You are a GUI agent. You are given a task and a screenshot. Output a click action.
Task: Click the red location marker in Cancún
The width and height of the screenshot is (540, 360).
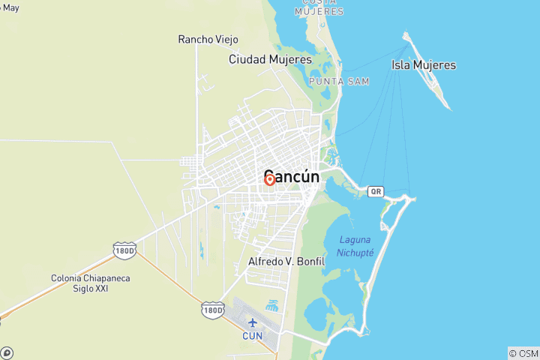tap(269, 180)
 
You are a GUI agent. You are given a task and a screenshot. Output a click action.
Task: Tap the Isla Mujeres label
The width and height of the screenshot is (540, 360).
tap(423, 65)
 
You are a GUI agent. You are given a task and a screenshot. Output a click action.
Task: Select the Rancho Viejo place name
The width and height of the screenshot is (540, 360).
tap(202, 39)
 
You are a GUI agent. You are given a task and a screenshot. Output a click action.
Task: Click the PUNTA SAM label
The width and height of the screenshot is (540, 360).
tap(338, 81)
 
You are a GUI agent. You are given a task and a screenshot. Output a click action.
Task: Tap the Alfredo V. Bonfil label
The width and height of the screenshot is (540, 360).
tap(286, 262)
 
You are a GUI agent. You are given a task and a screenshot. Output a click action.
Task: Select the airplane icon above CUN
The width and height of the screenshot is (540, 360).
tap(252, 322)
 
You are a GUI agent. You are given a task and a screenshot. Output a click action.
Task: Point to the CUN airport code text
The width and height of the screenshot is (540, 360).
tap(252, 335)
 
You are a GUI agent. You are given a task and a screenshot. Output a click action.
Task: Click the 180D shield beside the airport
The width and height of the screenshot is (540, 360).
tap(213, 309)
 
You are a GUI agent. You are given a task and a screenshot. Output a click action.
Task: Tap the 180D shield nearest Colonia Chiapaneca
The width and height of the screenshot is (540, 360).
tap(124, 251)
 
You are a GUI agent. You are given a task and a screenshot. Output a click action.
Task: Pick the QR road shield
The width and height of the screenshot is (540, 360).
tap(376, 191)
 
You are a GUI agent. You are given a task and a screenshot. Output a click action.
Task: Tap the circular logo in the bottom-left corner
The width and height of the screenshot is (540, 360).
tap(7, 352)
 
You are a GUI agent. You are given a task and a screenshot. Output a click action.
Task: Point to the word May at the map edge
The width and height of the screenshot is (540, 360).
tap(10, 8)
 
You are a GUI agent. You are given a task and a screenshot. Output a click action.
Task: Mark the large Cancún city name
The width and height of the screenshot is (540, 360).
tap(292, 178)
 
